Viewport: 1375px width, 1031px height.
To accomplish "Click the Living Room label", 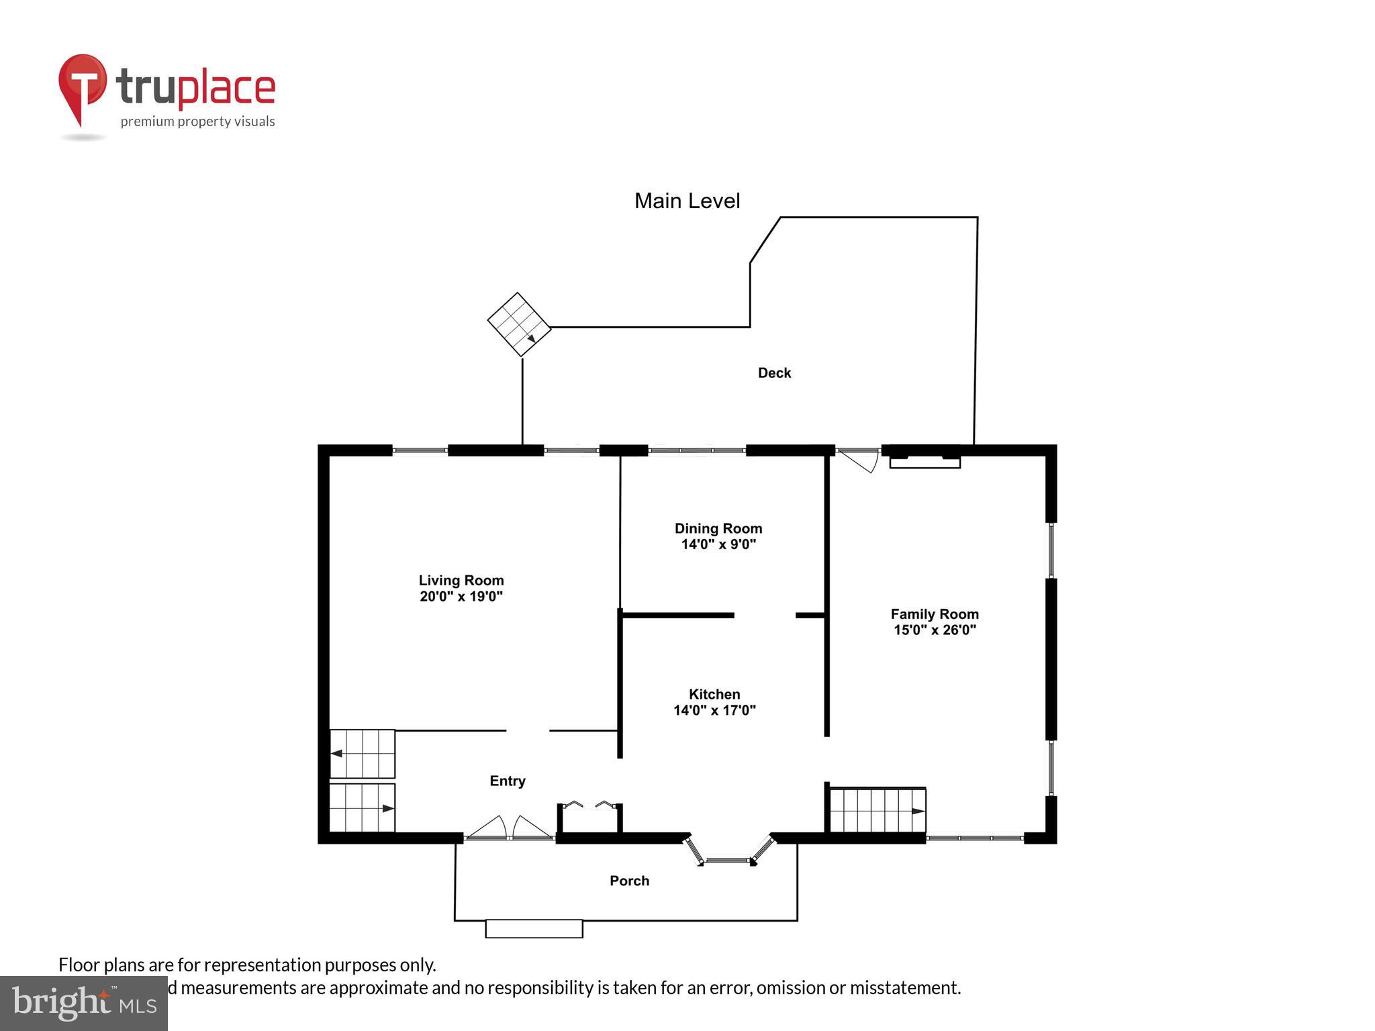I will (x=461, y=580).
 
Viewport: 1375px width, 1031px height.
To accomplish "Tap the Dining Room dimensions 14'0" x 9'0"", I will (x=718, y=544).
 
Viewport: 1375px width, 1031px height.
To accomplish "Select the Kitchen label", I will (x=714, y=694).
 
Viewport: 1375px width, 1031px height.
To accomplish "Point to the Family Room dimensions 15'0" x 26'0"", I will (x=934, y=630).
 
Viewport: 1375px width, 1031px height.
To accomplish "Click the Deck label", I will (x=774, y=373).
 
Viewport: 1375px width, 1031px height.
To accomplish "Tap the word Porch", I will (x=629, y=881).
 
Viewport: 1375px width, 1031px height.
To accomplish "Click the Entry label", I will (x=507, y=781).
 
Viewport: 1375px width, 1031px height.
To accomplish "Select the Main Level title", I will (x=687, y=201).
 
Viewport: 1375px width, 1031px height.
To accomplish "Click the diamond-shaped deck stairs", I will (x=519, y=324).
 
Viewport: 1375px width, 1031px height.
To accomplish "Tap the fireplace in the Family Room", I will (x=924, y=460).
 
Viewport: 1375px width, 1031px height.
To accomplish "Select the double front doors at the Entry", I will (x=509, y=828).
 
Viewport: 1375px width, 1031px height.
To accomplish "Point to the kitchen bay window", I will (x=728, y=852).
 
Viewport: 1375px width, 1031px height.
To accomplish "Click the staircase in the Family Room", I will (x=878, y=810).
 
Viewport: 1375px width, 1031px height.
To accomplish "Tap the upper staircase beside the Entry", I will (x=362, y=753).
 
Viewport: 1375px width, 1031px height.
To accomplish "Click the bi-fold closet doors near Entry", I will (x=589, y=805).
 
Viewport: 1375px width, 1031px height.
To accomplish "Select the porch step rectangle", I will (x=534, y=928).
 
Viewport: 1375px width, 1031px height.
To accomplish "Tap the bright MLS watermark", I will (x=83, y=1003).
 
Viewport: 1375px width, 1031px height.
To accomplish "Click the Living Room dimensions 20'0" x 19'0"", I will (x=461, y=596).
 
